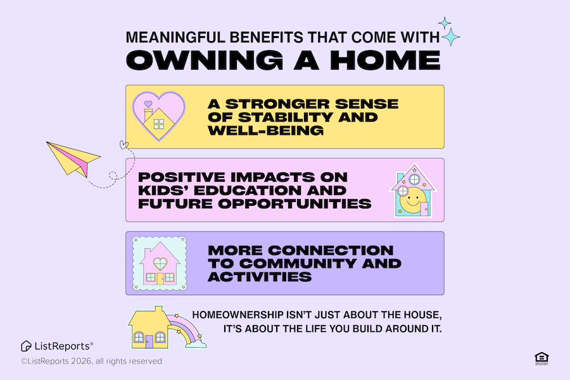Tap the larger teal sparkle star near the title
(x=451, y=37)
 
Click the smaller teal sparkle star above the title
(x=445, y=23)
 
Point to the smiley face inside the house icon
(x=412, y=200)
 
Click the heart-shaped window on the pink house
(x=160, y=263)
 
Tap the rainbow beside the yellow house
(x=186, y=329)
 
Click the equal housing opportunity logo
(x=541, y=358)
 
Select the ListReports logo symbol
(x=26, y=346)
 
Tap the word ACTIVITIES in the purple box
(x=260, y=277)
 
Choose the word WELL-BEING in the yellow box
(x=265, y=130)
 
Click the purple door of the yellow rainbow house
(x=149, y=342)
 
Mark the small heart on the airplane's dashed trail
(x=124, y=145)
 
